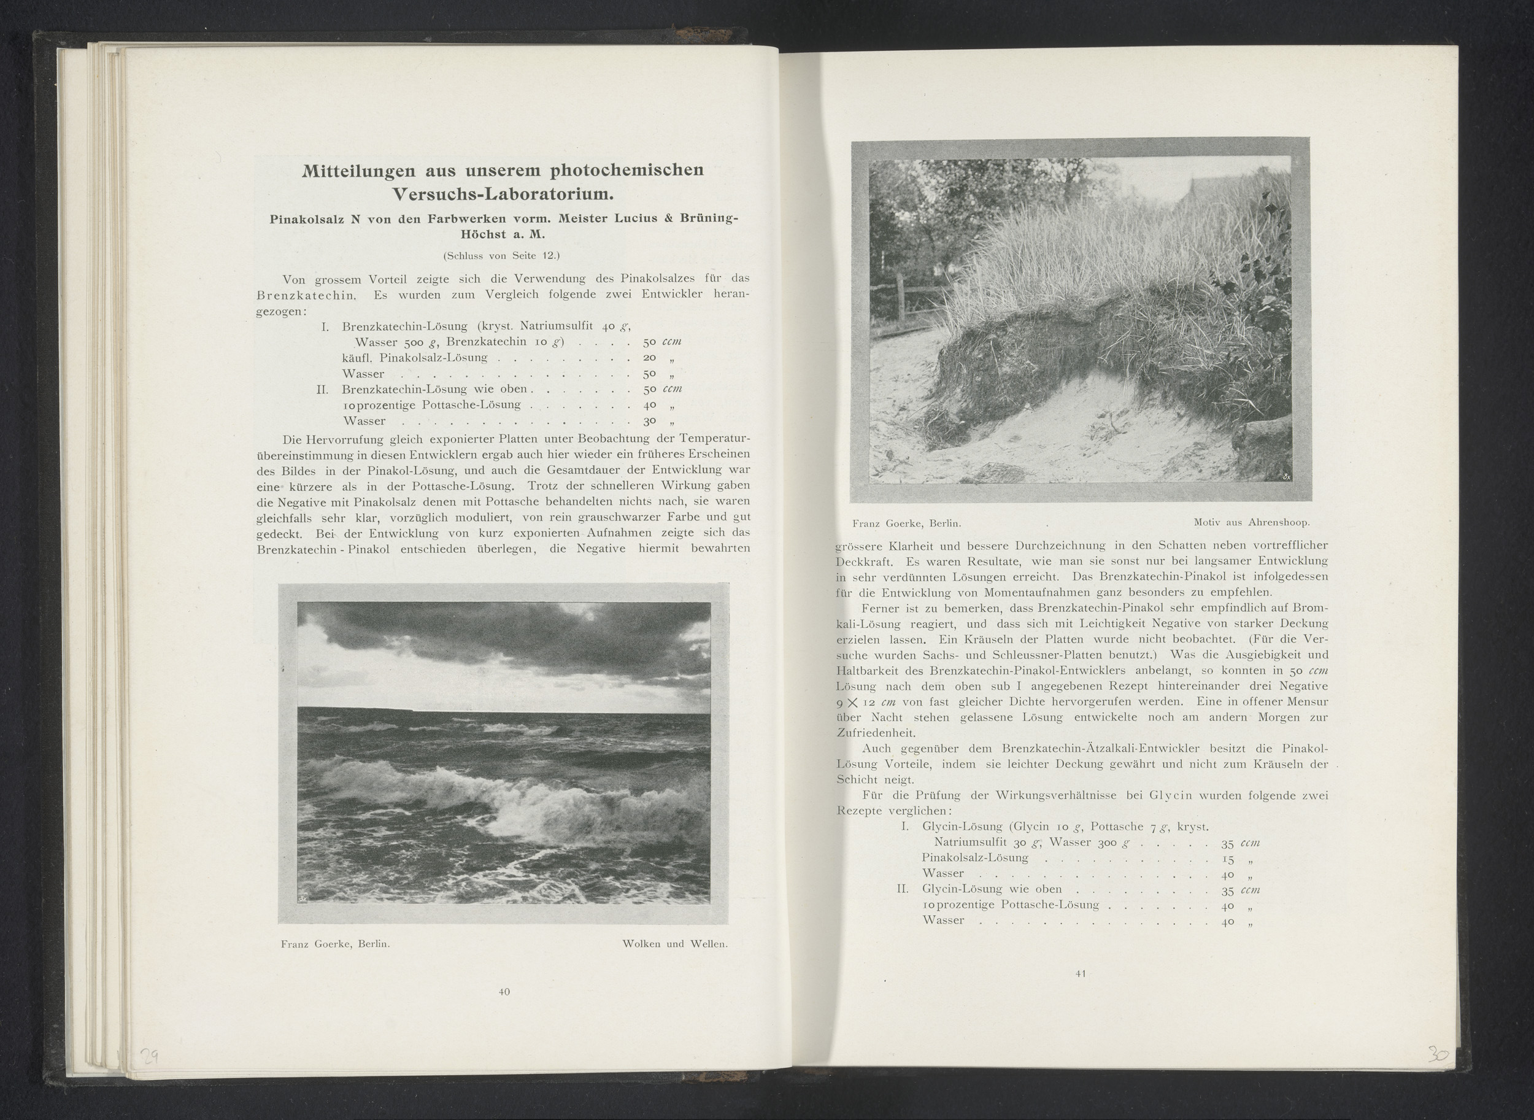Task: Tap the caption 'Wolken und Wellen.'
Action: pyautogui.click(x=674, y=944)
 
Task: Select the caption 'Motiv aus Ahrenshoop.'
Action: pyautogui.click(x=1251, y=522)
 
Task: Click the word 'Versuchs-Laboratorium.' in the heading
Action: pyautogui.click(x=503, y=194)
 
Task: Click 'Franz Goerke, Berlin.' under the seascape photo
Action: pyautogui.click(x=335, y=944)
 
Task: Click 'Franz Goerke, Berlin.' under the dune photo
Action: pyautogui.click(x=907, y=523)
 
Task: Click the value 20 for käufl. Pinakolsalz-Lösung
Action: pyautogui.click(x=649, y=357)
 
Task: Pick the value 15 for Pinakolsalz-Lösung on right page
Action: pyautogui.click(x=1227, y=859)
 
